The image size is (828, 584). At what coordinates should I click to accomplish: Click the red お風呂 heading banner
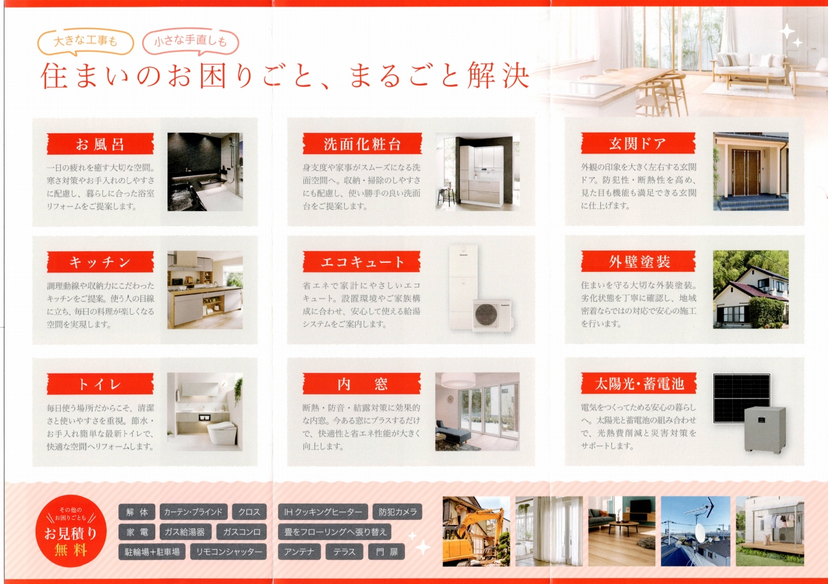coord(100,144)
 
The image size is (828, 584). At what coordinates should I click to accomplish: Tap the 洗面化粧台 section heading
coord(362,144)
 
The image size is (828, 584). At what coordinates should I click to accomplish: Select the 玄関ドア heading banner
coord(638,143)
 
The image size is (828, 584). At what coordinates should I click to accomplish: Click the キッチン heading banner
coord(100,262)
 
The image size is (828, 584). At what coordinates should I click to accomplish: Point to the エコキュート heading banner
coord(362,262)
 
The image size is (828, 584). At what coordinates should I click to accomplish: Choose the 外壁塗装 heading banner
coord(638,262)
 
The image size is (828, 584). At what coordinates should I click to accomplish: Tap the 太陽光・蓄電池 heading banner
coord(638,383)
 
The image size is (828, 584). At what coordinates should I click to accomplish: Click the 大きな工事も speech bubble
coord(85,41)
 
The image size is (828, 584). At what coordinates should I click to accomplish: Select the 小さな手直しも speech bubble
coord(190,41)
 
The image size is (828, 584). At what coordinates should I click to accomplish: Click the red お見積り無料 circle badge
coord(71,531)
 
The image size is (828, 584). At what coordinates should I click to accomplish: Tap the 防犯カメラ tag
coord(397,512)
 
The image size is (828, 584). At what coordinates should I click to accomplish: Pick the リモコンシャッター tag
coord(228,552)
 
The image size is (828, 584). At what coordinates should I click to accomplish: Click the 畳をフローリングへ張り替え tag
coord(334,532)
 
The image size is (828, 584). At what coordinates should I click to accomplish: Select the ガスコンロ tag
coord(242,532)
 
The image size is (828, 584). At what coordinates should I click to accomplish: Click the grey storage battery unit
coord(765,429)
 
